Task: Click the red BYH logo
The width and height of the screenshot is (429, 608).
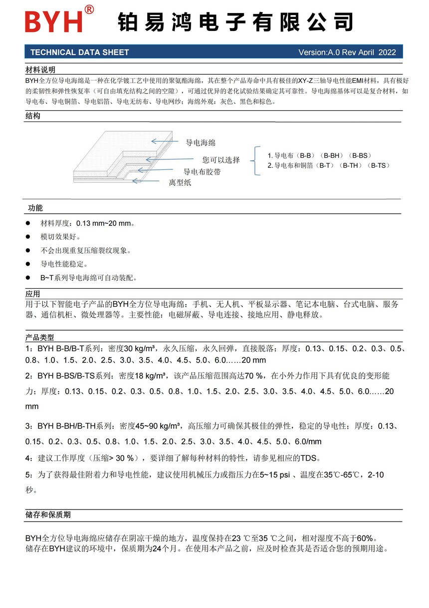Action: pyautogui.click(x=54, y=22)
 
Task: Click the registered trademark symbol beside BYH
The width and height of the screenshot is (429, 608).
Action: pyautogui.click(x=89, y=9)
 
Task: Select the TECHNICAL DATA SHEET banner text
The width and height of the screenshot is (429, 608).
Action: pyautogui.click(x=80, y=52)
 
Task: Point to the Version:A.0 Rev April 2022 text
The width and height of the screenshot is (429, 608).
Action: pyautogui.click(x=347, y=52)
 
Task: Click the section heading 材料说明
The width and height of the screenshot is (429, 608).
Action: pyautogui.click(x=40, y=69)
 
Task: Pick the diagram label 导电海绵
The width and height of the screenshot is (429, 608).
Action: pyautogui.click(x=201, y=143)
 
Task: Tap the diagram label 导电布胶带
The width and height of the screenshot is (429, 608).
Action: pyautogui.click(x=202, y=172)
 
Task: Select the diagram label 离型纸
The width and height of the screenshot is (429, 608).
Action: pyautogui.click(x=180, y=183)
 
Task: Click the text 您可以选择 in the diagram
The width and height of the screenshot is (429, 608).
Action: pyautogui.click(x=221, y=160)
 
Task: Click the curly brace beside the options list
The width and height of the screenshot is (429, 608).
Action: pyautogui.click(x=256, y=160)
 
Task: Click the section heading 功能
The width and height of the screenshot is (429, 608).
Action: pyautogui.click(x=35, y=208)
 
